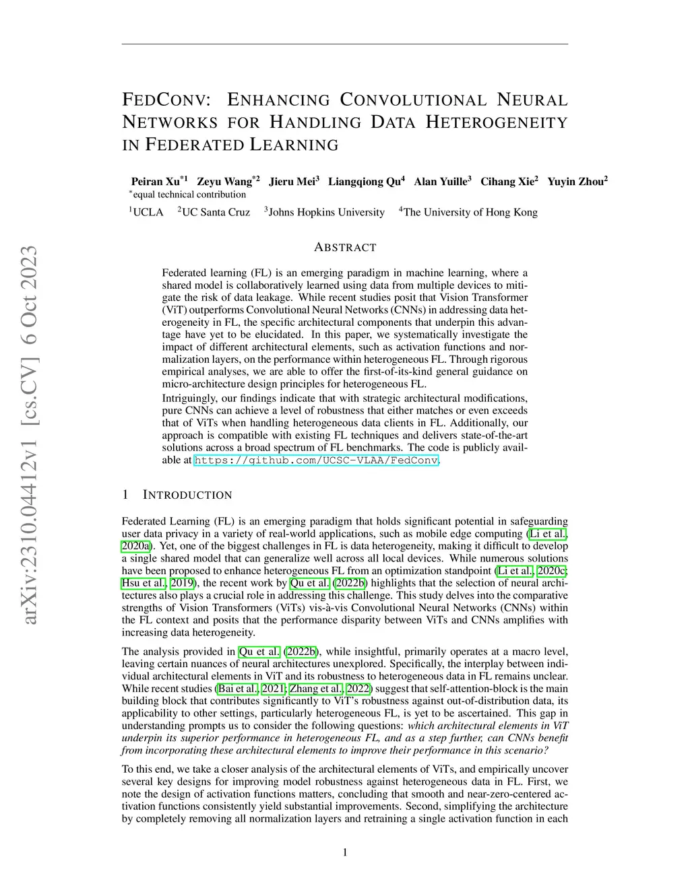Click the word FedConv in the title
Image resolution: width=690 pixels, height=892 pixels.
coord(166,100)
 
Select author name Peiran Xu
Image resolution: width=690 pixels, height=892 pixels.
coord(156,182)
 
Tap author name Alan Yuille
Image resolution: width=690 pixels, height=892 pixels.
coord(440,182)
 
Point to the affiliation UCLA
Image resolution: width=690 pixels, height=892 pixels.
coord(148,213)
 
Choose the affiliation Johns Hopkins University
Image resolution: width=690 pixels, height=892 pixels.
coord(326,213)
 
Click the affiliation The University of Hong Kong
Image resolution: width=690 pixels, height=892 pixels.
coord(470,213)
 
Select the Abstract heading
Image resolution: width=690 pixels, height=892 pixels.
coord(345,248)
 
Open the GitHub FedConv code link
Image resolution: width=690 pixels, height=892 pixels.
coord(316,461)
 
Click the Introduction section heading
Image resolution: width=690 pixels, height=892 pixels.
coord(187,495)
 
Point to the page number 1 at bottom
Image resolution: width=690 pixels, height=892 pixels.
coord(345,853)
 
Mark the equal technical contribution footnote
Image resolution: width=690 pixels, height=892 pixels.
coord(189,195)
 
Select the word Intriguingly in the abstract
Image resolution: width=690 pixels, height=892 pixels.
coord(191,399)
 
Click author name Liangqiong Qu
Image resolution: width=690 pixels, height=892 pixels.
coord(365,182)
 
